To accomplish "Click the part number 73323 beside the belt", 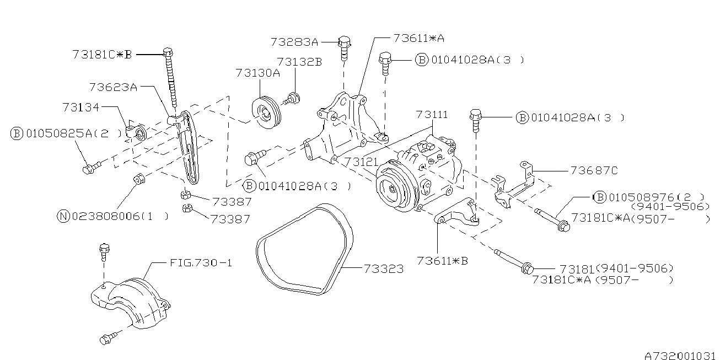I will click(x=383, y=270).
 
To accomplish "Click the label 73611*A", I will click(x=419, y=39).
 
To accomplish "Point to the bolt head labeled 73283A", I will click(x=344, y=41).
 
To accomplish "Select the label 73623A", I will click(x=113, y=87).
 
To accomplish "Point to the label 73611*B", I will click(x=442, y=260).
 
